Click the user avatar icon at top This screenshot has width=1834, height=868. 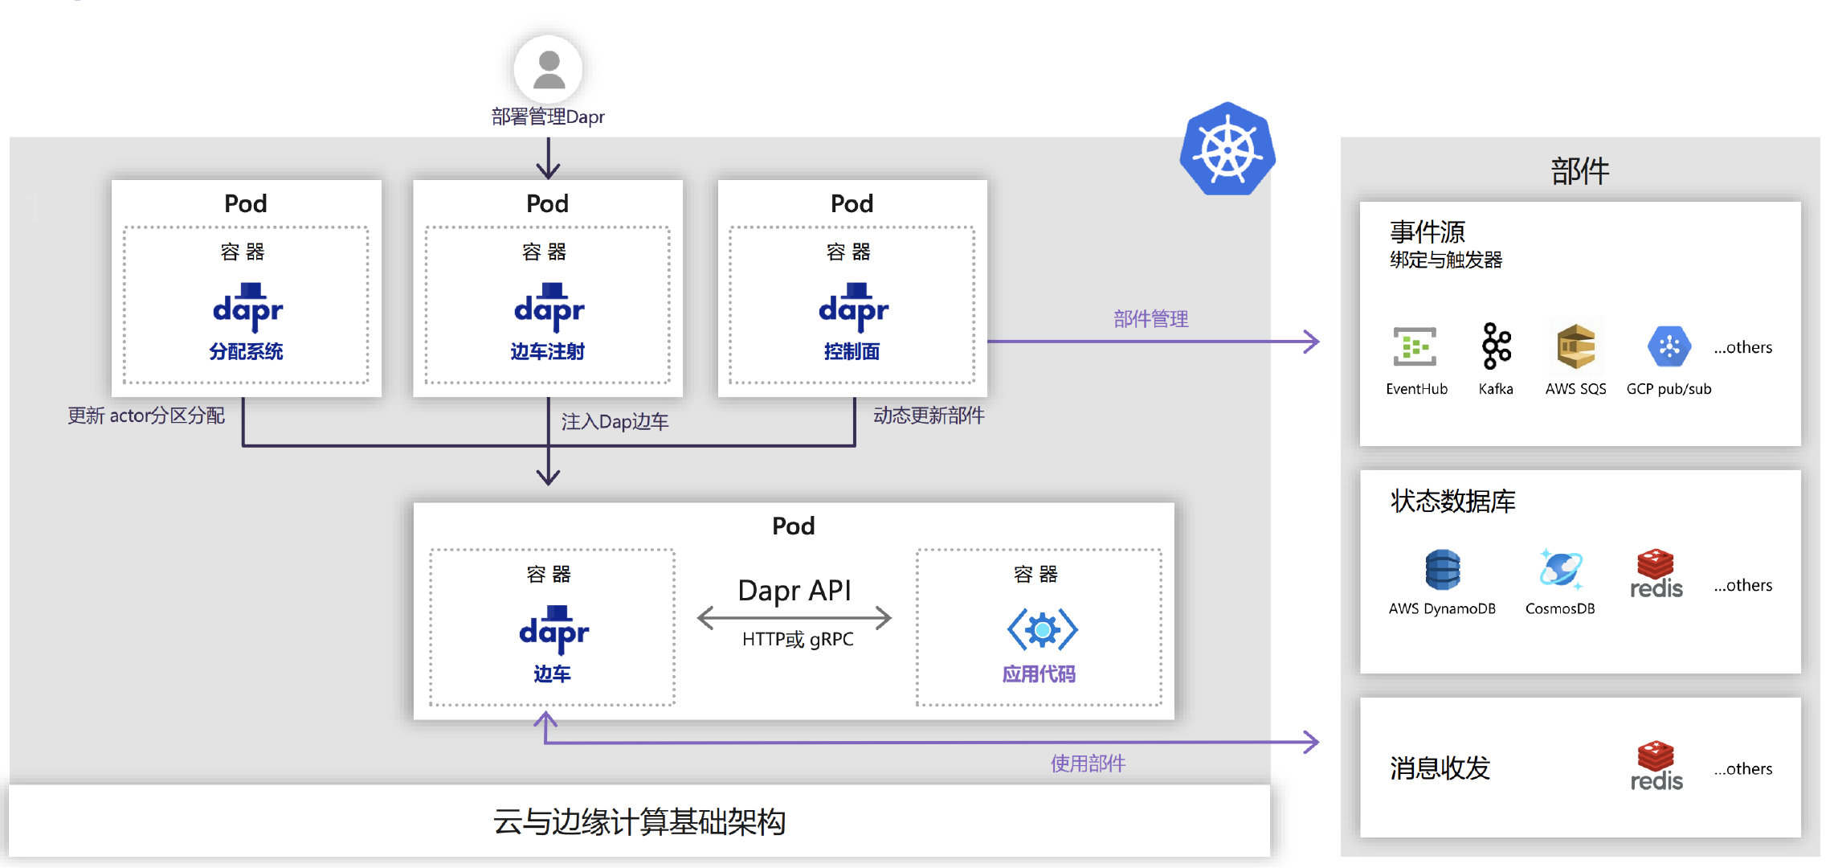[549, 69]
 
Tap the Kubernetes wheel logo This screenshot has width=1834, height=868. [1227, 150]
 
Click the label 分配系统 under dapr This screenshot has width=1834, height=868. [246, 351]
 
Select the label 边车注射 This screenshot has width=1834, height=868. [547, 351]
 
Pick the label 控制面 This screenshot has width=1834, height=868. [852, 351]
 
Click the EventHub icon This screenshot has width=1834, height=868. [1415, 346]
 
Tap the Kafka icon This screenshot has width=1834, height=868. [1496, 346]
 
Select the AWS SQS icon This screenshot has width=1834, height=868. [1575, 346]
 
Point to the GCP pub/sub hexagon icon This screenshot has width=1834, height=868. [1669, 346]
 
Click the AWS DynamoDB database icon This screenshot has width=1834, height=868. [1442, 570]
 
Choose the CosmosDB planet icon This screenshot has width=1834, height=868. [1560, 569]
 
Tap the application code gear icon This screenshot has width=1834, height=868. [1042, 629]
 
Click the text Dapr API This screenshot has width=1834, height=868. [794, 591]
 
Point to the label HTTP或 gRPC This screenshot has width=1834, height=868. [797, 639]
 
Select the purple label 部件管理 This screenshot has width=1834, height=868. [1150, 319]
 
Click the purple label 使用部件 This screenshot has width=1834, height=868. [1088, 764]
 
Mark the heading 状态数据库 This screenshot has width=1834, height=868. [1452, 501]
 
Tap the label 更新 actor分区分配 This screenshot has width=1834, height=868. [146, 416]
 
